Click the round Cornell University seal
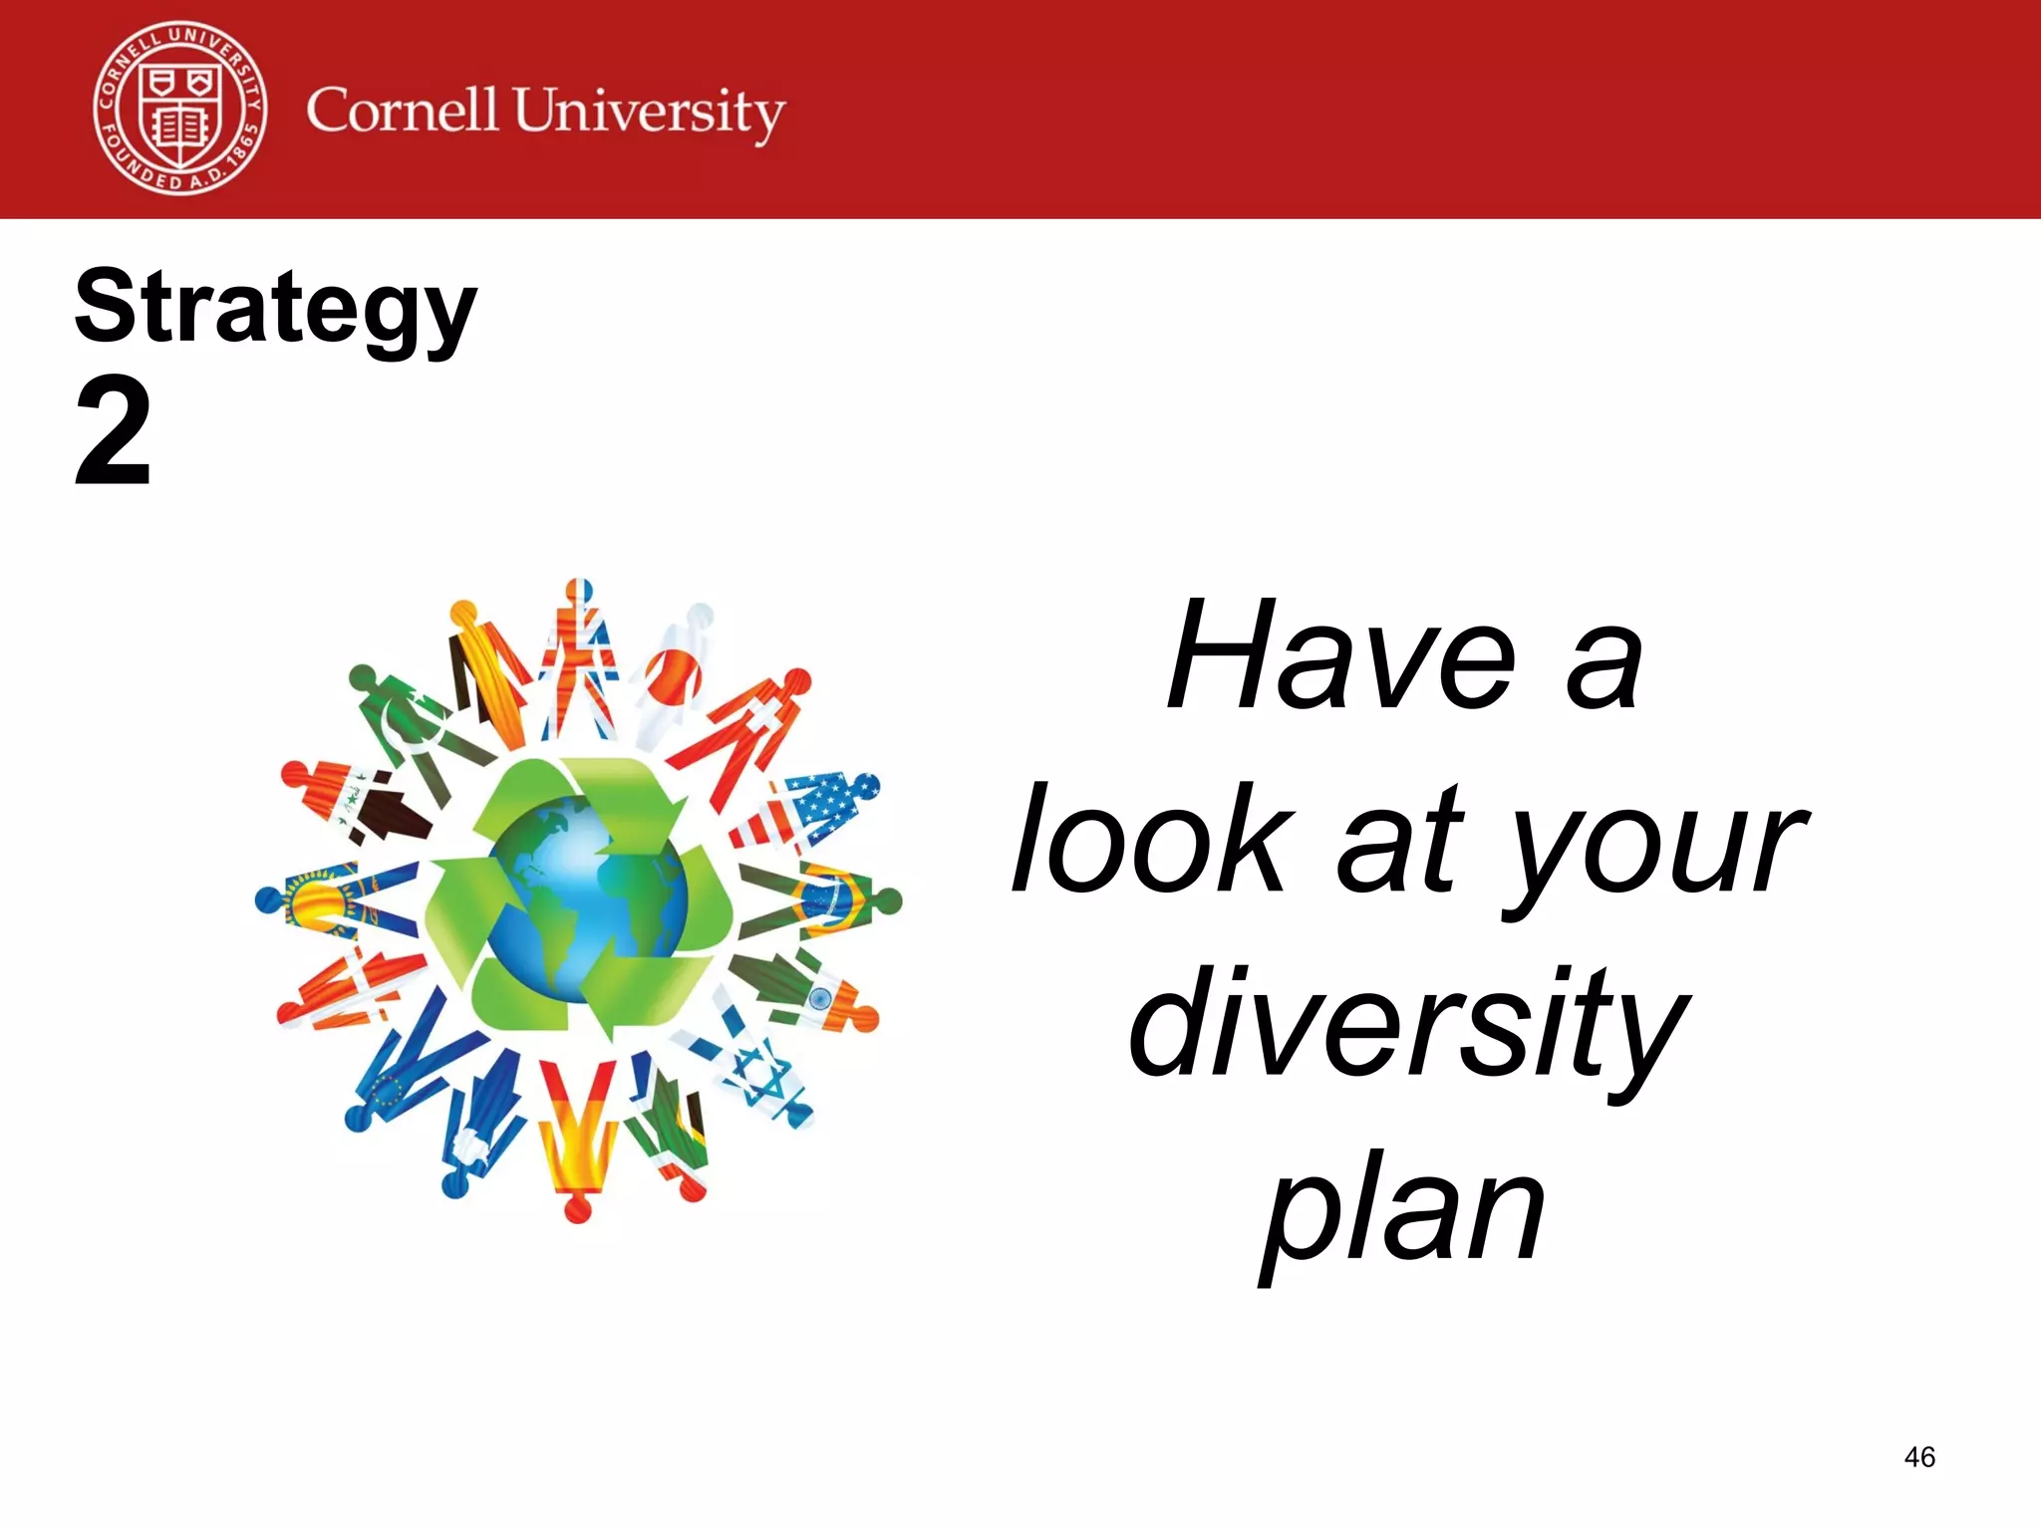[x=180, y=109]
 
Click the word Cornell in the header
[x=401, y=110]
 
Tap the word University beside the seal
[x=649, y=113]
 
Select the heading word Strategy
[x=275, y=309]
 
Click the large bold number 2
[x=113, y=432]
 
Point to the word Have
[x=1341, y=656]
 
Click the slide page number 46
[x=1918, y=1457]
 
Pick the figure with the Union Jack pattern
[x=579, y=657]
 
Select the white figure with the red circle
[x=674, y=677]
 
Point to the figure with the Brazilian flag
[x=827, y=901]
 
